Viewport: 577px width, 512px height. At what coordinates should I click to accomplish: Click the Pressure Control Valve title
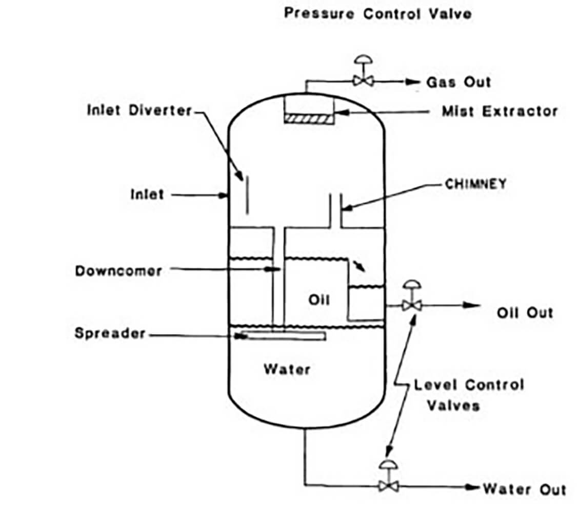[x=377, y=14]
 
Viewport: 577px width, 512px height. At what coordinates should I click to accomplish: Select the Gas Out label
[x=458, y=82]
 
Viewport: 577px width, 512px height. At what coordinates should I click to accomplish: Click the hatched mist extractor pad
[x=308, y=118]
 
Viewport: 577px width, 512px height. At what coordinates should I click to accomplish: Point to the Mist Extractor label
[x=500, y=111]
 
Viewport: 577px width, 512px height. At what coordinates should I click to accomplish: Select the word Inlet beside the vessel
[x=147, y=195]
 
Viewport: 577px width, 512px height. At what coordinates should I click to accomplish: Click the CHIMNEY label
[x=475, y=184]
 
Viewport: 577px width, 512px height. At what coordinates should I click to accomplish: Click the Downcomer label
[x=118, y=270]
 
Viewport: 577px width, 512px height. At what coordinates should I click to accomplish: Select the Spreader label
[x=110, y=334]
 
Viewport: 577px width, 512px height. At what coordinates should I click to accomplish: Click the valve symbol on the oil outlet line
[x=411, y=305]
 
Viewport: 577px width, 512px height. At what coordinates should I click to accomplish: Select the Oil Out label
[x=525, y=312]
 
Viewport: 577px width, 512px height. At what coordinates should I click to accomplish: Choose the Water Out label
[x=524, y=489]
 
